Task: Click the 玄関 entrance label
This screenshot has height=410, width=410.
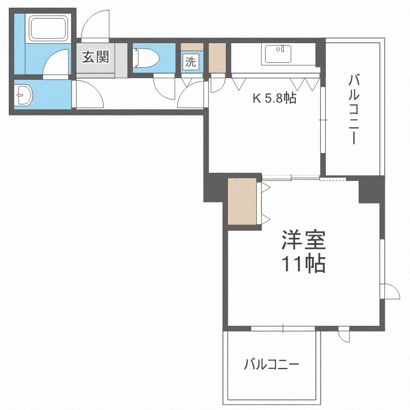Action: [x=96, y=57]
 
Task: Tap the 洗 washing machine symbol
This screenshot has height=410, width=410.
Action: [x=190, y=62]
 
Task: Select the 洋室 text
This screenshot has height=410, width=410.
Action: [x=303, y=240]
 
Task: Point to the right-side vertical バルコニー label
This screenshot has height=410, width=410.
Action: [x=353, y=110]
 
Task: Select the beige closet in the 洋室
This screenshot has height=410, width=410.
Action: [x=242, y=201]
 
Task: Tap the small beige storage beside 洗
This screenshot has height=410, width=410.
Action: [x=216, y=57]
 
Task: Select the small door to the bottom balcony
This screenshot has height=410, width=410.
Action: [x=344, y=335]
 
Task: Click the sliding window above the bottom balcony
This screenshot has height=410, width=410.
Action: [x=283, y=329]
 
